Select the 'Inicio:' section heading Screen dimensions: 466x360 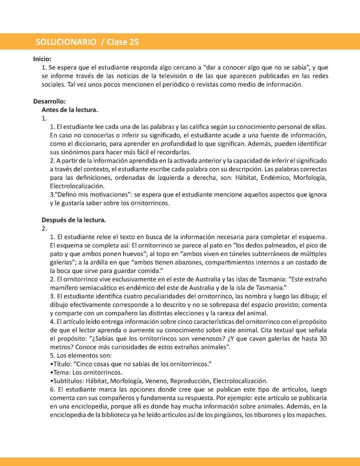point(42,59)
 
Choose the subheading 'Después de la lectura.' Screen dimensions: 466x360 point(73,219)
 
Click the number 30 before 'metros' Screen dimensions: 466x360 point(322,338)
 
